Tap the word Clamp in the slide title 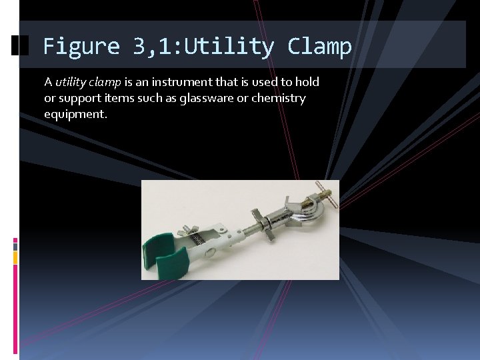click(x=319, y=47)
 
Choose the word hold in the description click(x=307, y=83)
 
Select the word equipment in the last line click(x=75, y=115)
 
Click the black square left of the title click(x=21, y=45)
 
